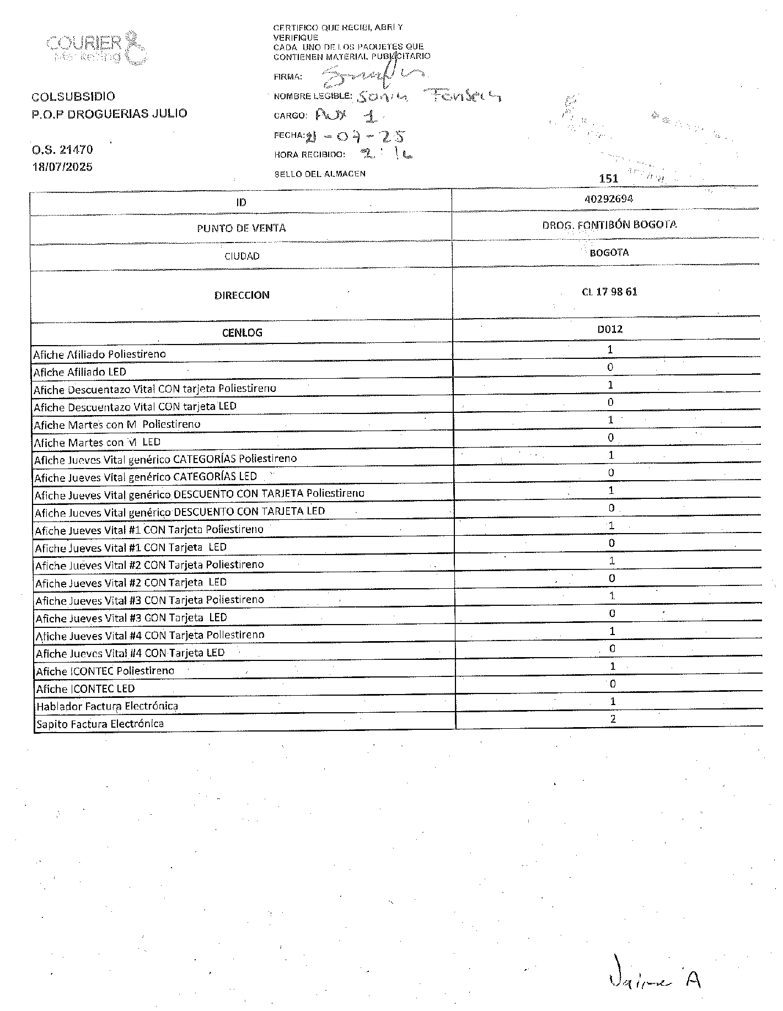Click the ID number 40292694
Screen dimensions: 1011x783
(x=608, y=199)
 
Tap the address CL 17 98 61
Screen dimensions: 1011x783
(x=609, y=292)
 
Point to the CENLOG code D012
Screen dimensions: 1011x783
(x=610, y=329)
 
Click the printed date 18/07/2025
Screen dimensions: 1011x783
(x=62, y=166)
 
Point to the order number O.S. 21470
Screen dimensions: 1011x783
(x=62, y=149)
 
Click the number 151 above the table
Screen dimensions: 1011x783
(x=608, y=178)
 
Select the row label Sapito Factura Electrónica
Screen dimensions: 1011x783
(x=100, y=724)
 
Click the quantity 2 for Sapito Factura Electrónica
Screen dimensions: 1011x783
(x=613, y=718)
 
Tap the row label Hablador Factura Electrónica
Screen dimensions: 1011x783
(x=107, y=706)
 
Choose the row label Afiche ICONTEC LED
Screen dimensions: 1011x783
(x=85, y=689)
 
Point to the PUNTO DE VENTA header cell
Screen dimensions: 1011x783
(x=241, y=228)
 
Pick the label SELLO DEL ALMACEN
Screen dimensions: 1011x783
(x=320, y=174)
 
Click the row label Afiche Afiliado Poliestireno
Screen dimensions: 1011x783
(x=99, y=354)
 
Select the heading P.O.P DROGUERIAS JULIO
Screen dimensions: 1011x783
(x=109, y=114)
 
